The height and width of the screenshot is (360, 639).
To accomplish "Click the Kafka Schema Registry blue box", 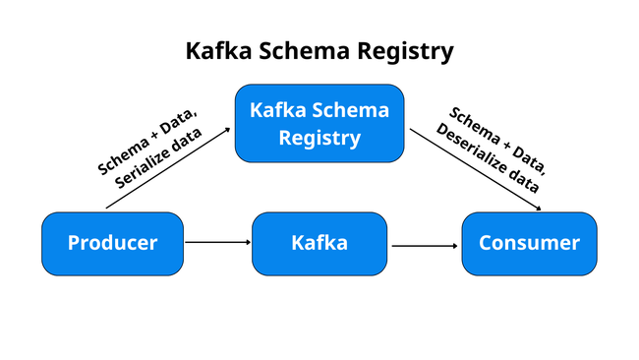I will (x=319, y=123).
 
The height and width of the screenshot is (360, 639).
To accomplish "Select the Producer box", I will (x=112, y=243).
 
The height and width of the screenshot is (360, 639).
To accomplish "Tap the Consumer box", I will (x=529, y=243).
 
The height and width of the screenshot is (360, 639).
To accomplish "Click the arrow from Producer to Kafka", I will (x=217, y=241).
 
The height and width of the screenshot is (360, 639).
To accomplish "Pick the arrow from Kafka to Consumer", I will (x=426, y=246).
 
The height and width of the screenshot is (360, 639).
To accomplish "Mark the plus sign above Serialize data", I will (x=151, y=136).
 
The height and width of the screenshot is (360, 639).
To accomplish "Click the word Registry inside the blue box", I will (x=319, y=138).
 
